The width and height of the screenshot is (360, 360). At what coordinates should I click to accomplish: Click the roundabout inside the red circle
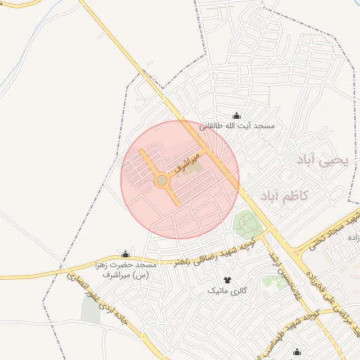pos(162,181)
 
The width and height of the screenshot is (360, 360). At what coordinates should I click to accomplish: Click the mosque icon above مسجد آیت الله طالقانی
pos(236,116)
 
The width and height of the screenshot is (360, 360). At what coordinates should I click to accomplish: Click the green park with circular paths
pos(247,224)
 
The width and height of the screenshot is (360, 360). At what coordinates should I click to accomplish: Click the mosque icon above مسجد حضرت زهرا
pos(126,254)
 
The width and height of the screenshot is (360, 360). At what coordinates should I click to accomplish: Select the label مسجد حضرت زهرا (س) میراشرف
pos(125,269)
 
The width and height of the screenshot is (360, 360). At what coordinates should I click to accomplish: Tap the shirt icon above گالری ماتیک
pos(226,280)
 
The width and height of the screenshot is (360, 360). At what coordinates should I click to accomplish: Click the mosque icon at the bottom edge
pos(297,352)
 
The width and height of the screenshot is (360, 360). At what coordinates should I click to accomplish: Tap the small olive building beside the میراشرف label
pos(196,167)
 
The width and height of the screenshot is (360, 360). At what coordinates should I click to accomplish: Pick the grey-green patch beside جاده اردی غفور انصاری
pos(90,311)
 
